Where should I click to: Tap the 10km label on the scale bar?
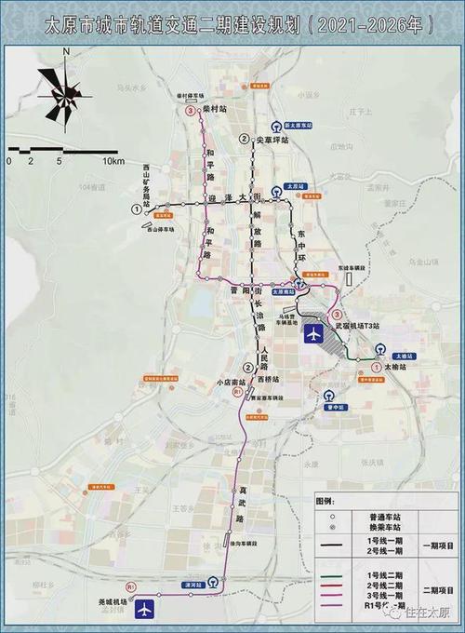[114, 161]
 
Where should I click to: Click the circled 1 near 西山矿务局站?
[139, 210]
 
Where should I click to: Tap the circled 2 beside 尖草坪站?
[244, 139]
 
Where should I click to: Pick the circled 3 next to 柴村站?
[192, 110]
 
